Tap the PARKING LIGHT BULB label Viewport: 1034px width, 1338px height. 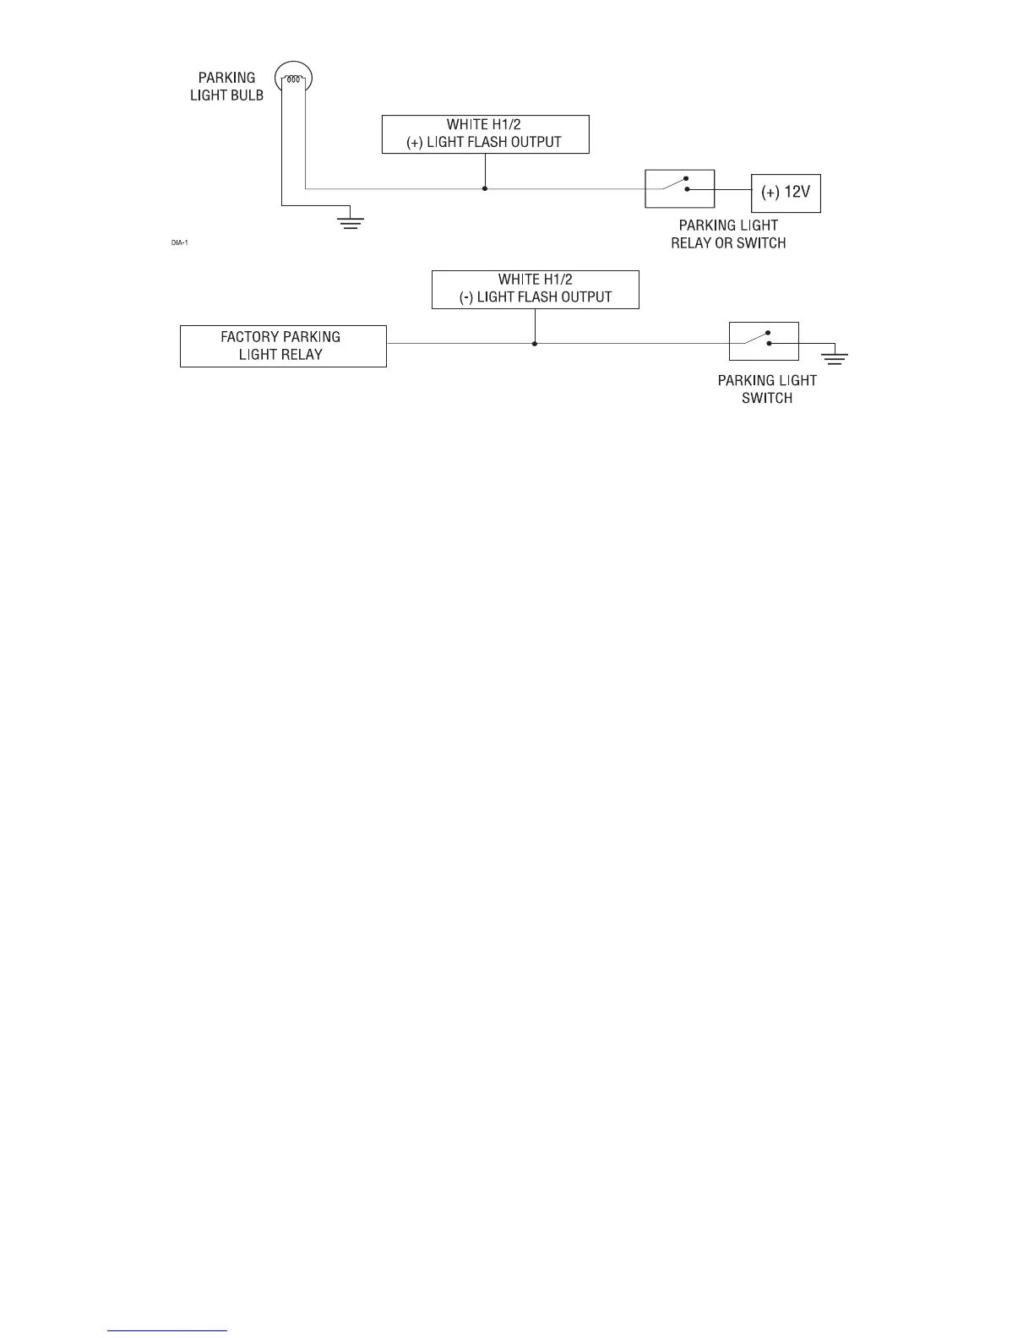pyautogui.click(x=226, y=86)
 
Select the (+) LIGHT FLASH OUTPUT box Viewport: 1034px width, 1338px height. pyautogui.click(x=485, y=134)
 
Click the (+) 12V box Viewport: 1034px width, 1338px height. pyautogui.click(x=786, y=193)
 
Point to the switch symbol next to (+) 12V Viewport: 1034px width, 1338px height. pyautogui.click(x=679, y=188)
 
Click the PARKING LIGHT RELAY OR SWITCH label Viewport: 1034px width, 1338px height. pyautogui.click(x=728, y=234)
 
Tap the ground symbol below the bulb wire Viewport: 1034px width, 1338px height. pyautogui.click(x=350, y=223)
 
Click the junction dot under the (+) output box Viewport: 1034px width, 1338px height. pyautogui.click(x=485, y=188)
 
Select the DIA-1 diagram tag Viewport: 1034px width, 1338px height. pyautogui.click(x=179, y=243)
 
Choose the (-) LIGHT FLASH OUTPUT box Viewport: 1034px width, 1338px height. pyautogui.click(x=535, y=290)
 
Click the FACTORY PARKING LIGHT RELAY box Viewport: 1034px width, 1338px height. pyautogui.click(x=283, y=346)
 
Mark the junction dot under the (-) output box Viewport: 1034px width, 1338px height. pyautogui.click(x=535, y=344)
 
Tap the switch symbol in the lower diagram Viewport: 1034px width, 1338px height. pyautogui.click(x=764, y=341)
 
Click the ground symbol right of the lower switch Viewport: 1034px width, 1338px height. pyautogui.click(x=835, y=356)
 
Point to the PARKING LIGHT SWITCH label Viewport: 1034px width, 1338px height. pyautogui.click(x=767, y=389)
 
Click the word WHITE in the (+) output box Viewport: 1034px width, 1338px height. pyautogui.click(x=467, y=125)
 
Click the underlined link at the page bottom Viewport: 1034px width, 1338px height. pyautogui.click(x=168, y=1330)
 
